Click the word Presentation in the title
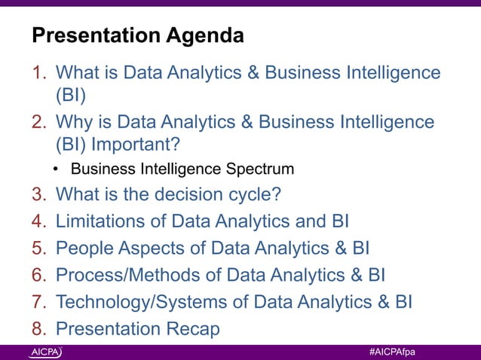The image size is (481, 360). (93, 35)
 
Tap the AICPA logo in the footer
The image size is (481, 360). (46, 352)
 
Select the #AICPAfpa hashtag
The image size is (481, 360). (393, 352)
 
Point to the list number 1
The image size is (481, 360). (38, 73)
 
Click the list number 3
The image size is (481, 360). (38, 194)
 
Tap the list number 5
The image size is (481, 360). (38, 248)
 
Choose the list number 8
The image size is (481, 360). (38, 329)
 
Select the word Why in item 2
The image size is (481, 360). (72, 121)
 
